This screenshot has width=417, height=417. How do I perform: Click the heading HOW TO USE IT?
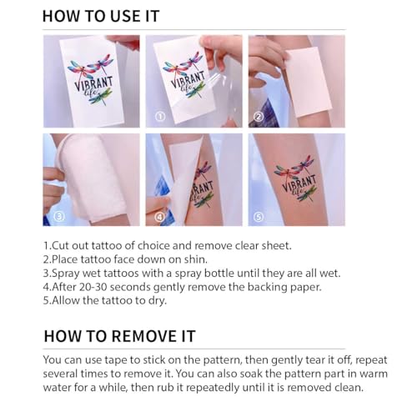tap(101, 16)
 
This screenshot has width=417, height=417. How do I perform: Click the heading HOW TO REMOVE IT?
tap(120, 336)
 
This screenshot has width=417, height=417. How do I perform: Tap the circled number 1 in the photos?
tap(160, 117)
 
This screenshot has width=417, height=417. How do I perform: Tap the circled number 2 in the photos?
tap(259, 117)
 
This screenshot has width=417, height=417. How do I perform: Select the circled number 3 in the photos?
tap(59, 216)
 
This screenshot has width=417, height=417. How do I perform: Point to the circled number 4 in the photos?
tap(159, 216)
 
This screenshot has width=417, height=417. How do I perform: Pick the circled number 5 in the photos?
tap(259, 217)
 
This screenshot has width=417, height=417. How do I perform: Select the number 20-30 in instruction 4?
tap(93, 287)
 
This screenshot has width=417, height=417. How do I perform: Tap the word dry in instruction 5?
tap(158, 300)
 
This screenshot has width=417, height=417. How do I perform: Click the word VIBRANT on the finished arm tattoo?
tap(299, 183)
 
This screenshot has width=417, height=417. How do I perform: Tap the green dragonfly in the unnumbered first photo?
tap(101, 96)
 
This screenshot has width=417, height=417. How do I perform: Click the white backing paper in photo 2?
tap(309, 83)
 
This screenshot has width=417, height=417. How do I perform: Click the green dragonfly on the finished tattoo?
tap(307, 193)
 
